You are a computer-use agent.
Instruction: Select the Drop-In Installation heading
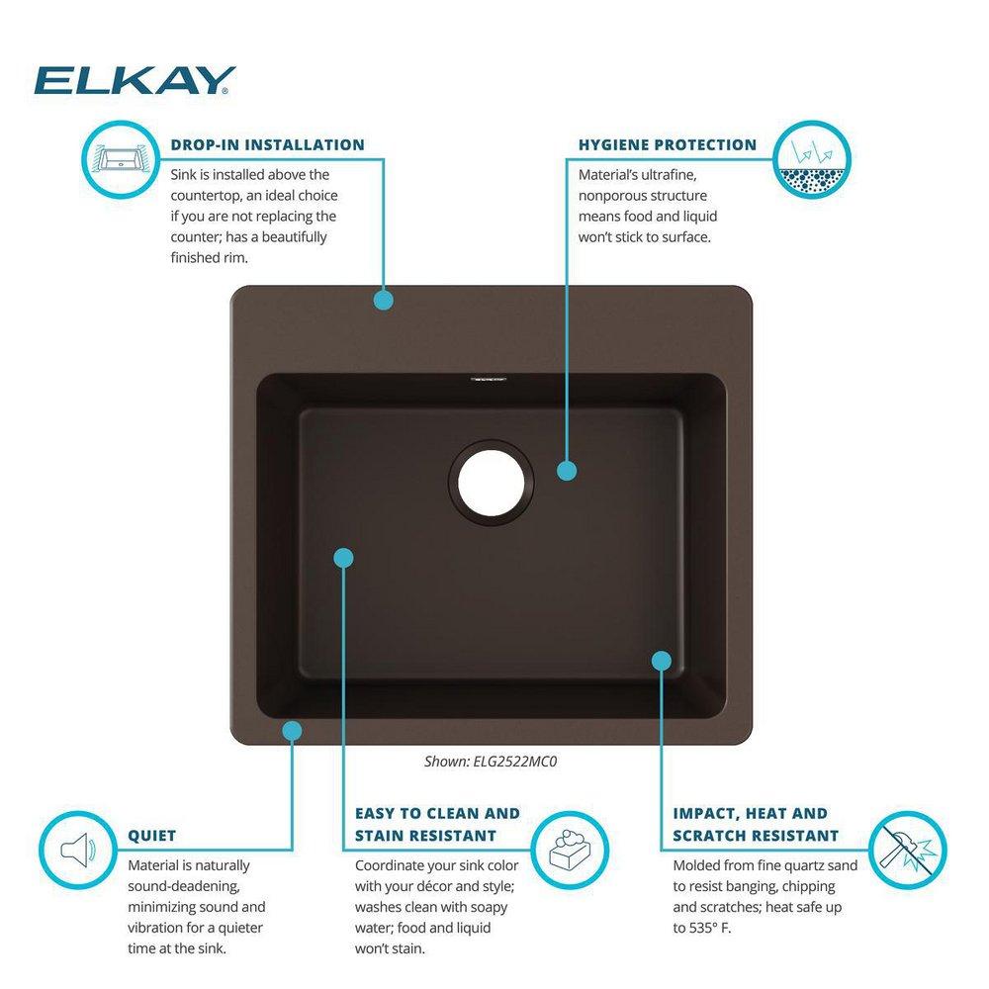(267, 144)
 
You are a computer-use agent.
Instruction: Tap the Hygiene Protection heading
(668, 144)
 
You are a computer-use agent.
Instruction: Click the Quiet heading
(152, 836)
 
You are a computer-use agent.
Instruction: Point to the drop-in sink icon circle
(118, 158)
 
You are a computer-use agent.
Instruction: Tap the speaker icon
(77, 849)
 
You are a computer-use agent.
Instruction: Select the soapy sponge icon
(569, 849)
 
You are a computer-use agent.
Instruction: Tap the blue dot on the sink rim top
(384, 300)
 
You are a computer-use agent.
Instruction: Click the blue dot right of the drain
(566, 471)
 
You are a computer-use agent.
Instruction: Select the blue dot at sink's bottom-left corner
(292, 730)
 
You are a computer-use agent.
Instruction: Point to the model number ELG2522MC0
(526, 762)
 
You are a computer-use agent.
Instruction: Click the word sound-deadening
(184, 886)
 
